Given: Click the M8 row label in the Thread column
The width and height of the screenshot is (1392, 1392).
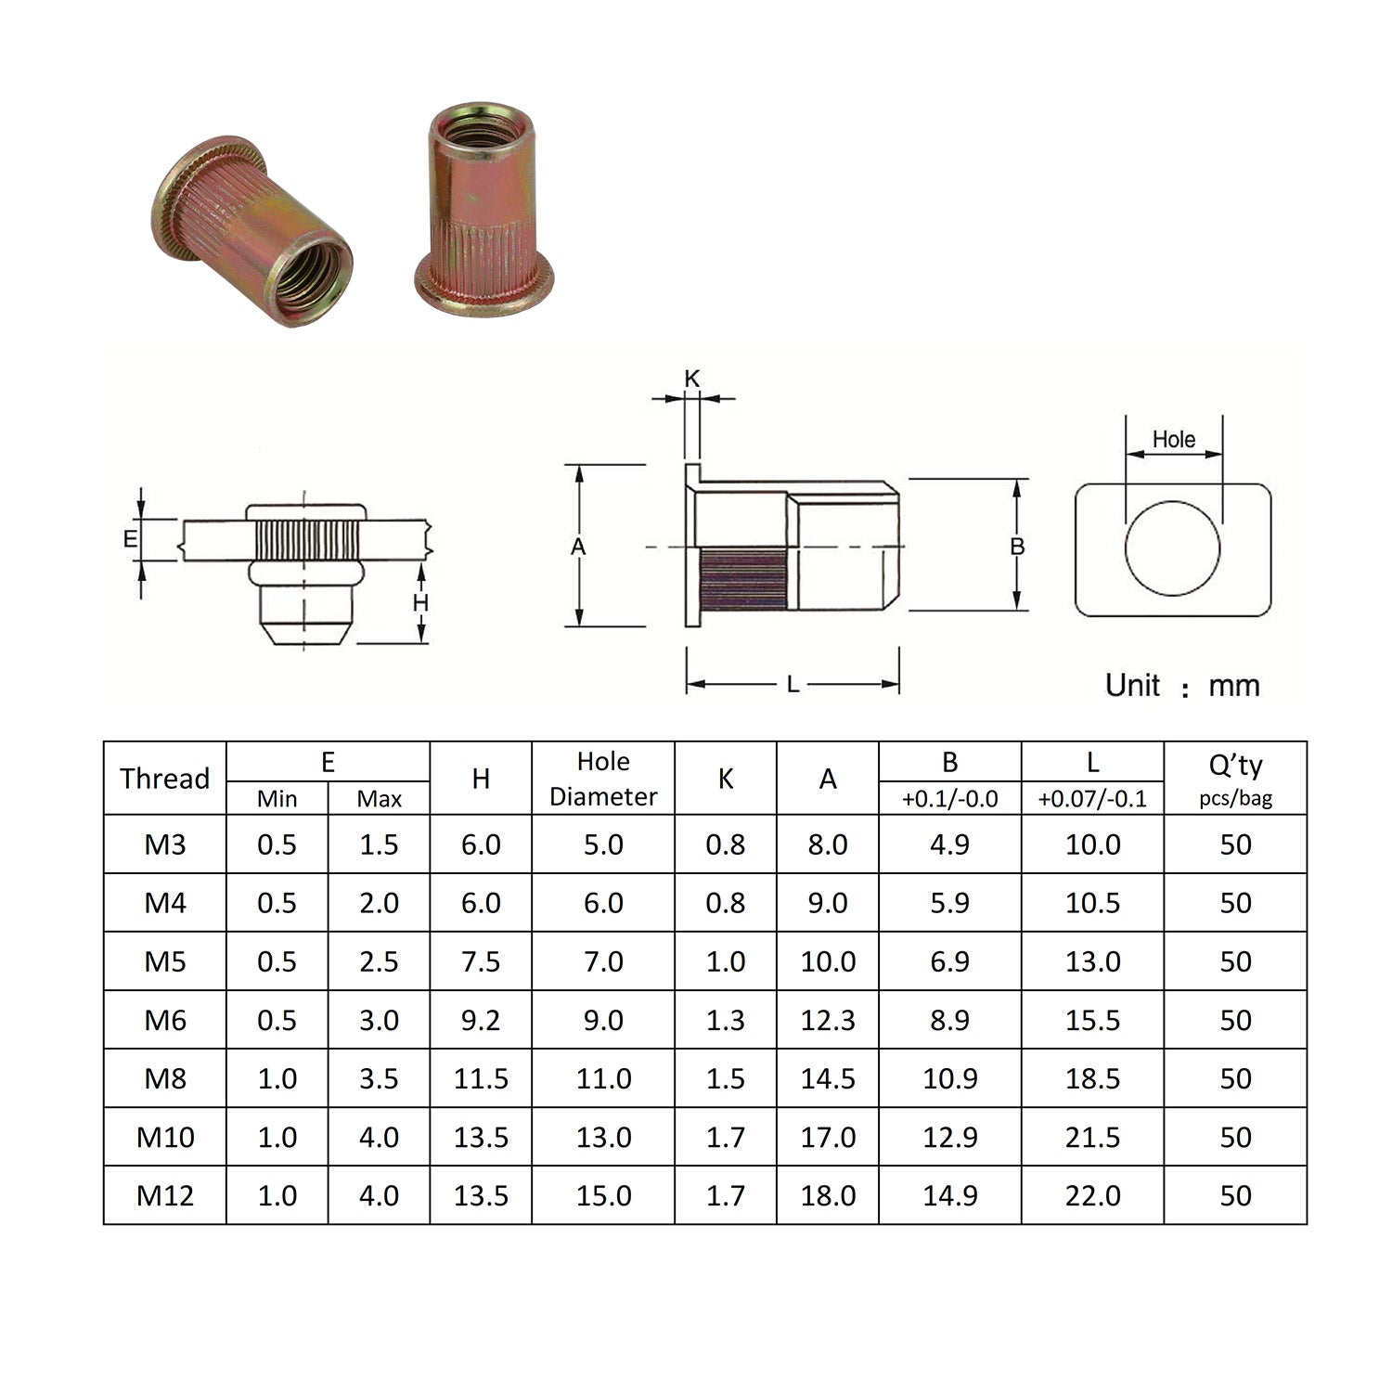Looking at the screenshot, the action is (x=165, y=1078).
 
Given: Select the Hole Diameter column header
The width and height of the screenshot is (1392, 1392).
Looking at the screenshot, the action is (x=603, y=779).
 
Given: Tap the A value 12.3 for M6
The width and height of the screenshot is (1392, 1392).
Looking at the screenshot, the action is (x=828, y=1020).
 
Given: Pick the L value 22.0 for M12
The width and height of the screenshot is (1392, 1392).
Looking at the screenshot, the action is (x=1092, y=1195).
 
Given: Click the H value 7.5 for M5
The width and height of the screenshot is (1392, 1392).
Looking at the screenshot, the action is (x=481, y=961).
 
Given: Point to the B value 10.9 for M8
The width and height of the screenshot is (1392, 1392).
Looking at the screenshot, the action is (x=949, y=1078).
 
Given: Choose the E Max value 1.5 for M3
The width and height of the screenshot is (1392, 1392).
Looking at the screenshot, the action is (x=379, y=844).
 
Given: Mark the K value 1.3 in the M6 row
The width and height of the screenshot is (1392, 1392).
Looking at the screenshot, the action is (x=725, y=1020).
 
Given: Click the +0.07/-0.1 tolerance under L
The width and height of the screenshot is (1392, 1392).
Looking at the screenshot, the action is (x=1092, y=798).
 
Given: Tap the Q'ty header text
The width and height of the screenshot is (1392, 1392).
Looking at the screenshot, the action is (x=1235, y=766).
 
